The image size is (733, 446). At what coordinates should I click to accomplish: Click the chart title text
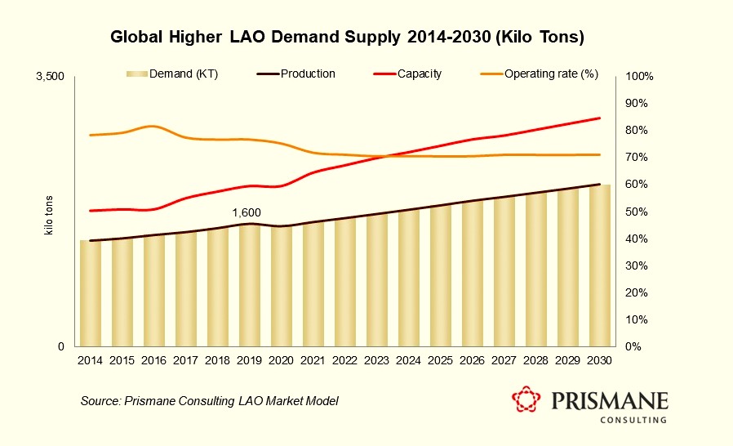pos(348,38)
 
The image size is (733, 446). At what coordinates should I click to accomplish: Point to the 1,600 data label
pos(247,213)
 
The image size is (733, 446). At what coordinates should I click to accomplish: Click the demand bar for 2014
pos(90,293)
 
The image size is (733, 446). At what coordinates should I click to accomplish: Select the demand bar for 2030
pos(600,265)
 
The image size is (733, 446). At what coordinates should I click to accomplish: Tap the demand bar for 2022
pos(345,283)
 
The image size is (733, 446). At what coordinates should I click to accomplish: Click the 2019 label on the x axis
pos(250,360)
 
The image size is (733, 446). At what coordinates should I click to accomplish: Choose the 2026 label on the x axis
pos(473,360)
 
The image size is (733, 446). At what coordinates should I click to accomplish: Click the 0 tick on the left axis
pos(60,347)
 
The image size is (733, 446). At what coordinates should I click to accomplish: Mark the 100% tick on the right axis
pos(637,77)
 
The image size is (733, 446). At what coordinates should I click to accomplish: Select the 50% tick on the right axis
pos(635,212)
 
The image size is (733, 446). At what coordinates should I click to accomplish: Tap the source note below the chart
pos(209,401)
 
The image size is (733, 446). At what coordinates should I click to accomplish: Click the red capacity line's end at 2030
pos(600,118)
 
